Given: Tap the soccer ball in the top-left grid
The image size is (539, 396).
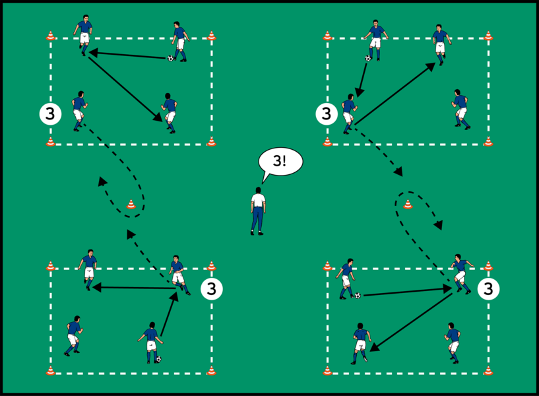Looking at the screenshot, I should click(x=170, y=58).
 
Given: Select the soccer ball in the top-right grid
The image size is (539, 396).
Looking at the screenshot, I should click(x=368, y=58).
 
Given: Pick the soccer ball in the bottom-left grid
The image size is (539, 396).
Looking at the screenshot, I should click(x=158, y=360).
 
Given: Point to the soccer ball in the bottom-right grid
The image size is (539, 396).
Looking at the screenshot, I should click(x=358, y=295).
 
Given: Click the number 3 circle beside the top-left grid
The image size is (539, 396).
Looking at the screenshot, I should click(x=49, y=114).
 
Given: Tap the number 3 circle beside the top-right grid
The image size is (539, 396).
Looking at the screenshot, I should click(x=325, y=114).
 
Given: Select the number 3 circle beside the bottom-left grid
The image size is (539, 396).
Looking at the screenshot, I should click(x=211, y=288).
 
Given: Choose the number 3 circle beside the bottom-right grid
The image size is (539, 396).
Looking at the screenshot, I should click(x=488, y=288).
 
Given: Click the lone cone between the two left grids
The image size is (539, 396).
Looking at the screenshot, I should click(x=131, y=205).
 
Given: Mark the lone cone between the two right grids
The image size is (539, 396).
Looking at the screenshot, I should click(x=408, y=205).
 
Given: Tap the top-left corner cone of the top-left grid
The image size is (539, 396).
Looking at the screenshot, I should click(x=51, y=36).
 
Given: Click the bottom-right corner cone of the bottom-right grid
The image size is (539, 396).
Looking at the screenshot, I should click(x=488, y=371).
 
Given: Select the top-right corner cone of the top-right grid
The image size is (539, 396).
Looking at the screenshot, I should click(x=488, y=36).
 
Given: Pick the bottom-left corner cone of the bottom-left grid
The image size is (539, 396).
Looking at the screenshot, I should click(x=51, y=371).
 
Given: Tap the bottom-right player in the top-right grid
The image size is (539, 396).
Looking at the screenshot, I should click(x=460, y=108).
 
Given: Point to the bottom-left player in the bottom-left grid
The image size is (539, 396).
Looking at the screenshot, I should click(x=73, y=335).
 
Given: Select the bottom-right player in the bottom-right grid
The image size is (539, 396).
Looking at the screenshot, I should click(x=453, y=342).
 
